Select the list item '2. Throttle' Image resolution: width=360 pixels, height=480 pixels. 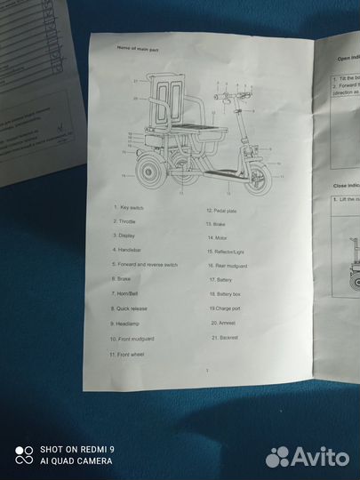pos(127,221)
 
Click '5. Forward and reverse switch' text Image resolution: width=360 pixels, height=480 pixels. pos(145,264)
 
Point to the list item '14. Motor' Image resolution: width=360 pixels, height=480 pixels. pos(219,238)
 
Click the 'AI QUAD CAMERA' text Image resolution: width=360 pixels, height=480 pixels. pos(75,461)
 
